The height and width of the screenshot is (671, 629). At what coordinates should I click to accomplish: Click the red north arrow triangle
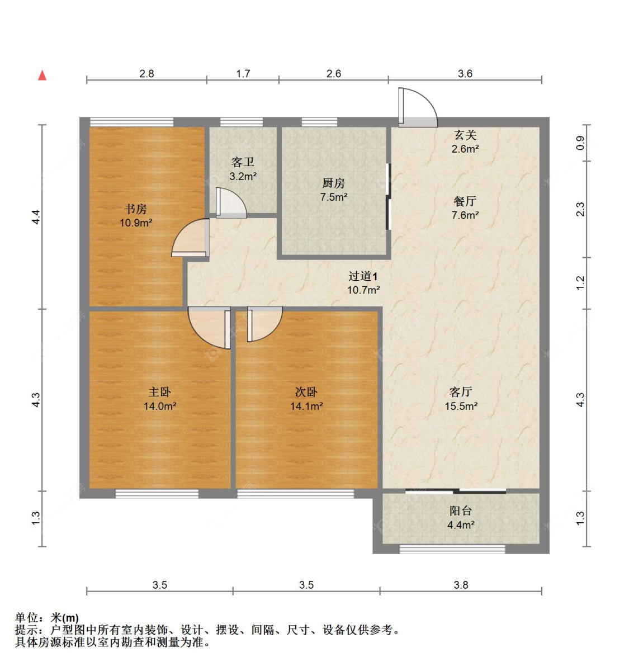pyautogui.click(x=42, y=75)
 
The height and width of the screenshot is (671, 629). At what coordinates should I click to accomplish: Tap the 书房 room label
pyautogui.click(x=136, y=209)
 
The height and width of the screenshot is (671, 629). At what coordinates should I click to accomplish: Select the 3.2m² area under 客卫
pyautogui.click(x=243, y=176)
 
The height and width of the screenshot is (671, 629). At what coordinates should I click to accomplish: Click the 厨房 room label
pyautogui.click(x=333, y=183)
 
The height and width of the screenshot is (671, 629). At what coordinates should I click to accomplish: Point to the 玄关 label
pyautogui.click(x=465, y=135)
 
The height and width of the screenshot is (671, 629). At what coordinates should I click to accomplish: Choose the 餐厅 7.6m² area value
pyautogui.click(x=465, y=215)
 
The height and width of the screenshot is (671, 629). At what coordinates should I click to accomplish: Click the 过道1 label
pyautogui.click(x=363, y=276)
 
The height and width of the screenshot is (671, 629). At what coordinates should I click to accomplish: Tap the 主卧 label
pyautogui.click(x=159, y=392)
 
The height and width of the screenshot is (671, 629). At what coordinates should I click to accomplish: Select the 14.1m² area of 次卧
pyautogui.click(x=306, y=407)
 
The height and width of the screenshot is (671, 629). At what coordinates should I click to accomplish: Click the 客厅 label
pyautogui.click(x=461, y=392)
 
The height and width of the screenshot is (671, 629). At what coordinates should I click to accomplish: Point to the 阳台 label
pyautogui.click(x=461, y=511)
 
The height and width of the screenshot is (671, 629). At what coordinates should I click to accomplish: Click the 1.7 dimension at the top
pyautogui.click(x=243, y=74)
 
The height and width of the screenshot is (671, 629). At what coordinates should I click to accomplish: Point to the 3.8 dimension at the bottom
pyautogui.click(x=461, y=585)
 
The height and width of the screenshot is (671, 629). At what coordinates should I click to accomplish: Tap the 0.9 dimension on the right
pyautogui.click(x=580, y=143)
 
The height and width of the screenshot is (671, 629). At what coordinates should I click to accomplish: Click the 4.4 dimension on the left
pyautogui.click(x=36, y=217)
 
